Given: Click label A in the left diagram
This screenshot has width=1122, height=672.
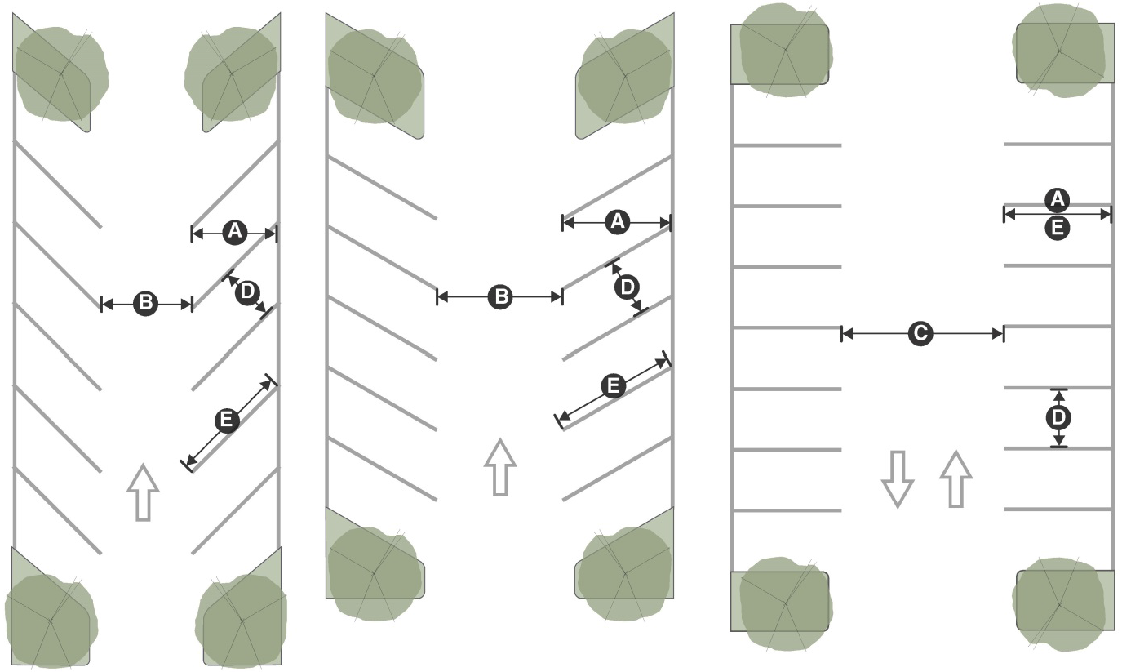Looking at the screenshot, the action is coord(234,233).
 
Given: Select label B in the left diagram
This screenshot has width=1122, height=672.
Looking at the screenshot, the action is coord(146,304).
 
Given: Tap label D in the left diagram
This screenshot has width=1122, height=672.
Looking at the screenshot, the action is coord(248,292).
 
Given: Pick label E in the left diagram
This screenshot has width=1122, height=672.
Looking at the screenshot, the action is coord(227,421).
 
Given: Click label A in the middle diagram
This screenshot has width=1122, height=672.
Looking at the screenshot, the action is coord(618,222).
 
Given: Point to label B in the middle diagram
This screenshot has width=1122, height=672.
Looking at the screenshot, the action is coord(501,296).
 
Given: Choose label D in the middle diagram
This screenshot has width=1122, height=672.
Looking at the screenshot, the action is coord(628,287).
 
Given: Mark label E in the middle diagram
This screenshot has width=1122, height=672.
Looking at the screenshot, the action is coord(613,387).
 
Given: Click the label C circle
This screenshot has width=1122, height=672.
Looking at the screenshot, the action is coord(920,333).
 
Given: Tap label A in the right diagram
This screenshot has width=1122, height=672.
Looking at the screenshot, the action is coord(1058,200).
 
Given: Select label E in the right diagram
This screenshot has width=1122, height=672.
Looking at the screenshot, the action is coord(1058,229).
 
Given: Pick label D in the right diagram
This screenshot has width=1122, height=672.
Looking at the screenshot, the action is coord(1058,418).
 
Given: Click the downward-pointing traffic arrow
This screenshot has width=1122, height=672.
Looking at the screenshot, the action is coord(898,479).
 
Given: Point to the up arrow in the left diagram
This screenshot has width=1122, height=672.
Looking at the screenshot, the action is coord(144,492).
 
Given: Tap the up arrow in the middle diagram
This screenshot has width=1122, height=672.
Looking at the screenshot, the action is coord(500,467).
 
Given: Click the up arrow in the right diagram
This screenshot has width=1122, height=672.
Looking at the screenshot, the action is coord(956,478).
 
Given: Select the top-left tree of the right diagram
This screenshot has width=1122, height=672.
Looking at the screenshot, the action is coord(785,50).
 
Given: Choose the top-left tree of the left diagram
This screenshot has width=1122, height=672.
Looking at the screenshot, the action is coord(62,73).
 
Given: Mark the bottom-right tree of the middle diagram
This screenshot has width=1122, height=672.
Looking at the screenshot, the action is coord(624,572).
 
